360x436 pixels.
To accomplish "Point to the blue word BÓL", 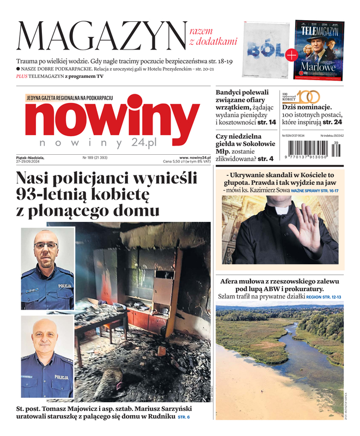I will [x=264, y=51].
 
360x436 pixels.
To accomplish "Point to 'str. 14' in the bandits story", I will [x=265, y=123].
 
